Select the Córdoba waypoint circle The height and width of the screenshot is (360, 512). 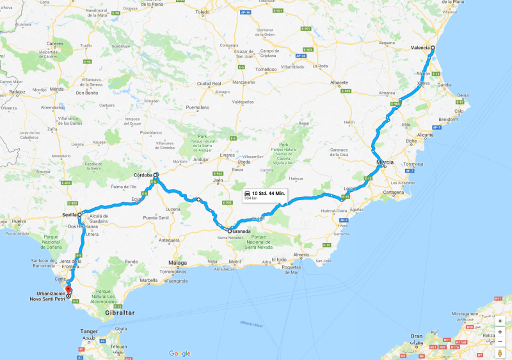[156, 175]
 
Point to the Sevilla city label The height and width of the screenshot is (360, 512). [69, 215]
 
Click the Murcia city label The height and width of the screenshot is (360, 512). [385, 162]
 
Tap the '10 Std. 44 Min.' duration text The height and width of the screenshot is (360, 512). [268, 192]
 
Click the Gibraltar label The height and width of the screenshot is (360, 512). [120, 313]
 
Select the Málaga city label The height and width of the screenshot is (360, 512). [177, 262]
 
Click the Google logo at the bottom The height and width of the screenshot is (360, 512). [180, 354]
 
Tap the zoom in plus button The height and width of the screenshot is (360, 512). [500, 332]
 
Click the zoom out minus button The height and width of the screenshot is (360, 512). [500, 341]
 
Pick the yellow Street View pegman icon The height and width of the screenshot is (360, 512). [500, 353]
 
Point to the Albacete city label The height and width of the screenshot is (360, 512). [339, 82]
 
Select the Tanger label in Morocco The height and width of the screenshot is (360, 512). [89, 331]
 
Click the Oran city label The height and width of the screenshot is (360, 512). [416, 336]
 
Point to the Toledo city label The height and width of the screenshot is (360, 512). [202, 12]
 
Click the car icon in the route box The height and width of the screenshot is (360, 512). [247, 192]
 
